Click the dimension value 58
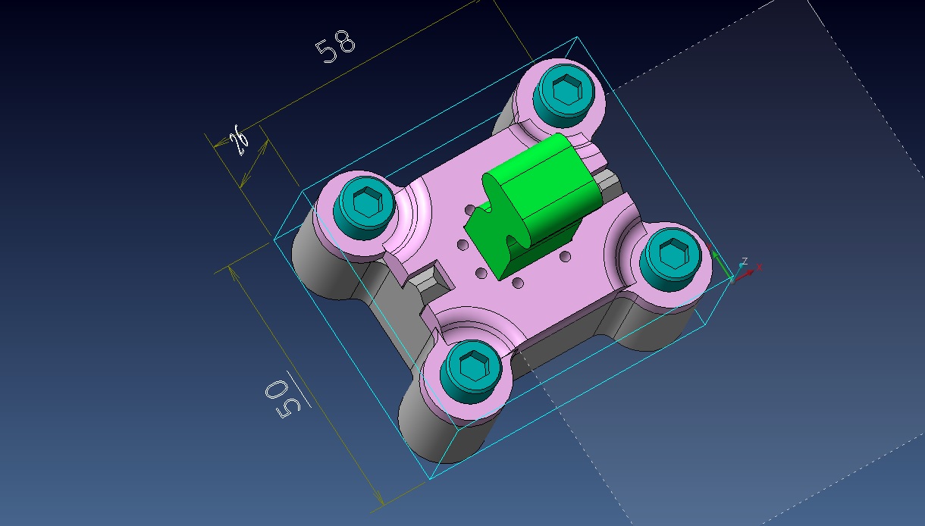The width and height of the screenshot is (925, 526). pyautogui.click(x=335, y=46)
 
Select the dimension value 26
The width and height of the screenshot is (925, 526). pyautogui.click(x=239, y=139)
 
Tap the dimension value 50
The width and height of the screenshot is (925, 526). pyautogui.click(x=283, y=399)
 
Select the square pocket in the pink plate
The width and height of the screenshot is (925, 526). pyautogui.click(x=429, y=280)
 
